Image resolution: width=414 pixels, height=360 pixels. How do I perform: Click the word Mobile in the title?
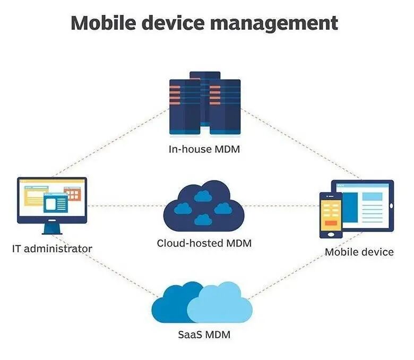103,23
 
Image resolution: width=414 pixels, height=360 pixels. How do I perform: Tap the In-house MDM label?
204,149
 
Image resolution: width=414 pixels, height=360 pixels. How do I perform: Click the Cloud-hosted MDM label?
204,244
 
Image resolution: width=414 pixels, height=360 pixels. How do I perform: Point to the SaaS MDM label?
204,335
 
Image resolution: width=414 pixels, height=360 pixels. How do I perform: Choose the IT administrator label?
52,248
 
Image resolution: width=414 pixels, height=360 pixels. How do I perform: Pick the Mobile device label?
359,252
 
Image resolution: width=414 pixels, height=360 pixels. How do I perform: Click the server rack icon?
204,103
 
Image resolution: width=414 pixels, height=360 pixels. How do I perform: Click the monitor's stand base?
52,232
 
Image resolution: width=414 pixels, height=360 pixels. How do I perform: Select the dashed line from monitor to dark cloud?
125,205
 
